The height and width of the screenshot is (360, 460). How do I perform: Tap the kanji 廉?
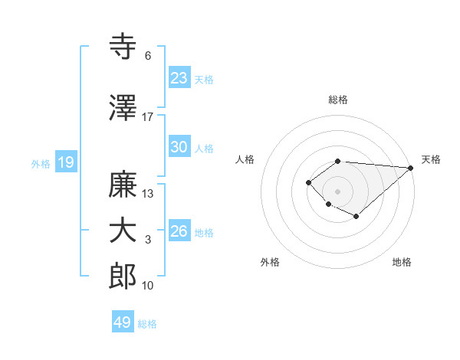coord(123,185)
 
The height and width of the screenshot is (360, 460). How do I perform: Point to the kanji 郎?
coord(123,277)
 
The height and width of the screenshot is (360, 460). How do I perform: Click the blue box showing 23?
coord(179,77)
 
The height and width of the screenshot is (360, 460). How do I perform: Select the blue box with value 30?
coord(179,147)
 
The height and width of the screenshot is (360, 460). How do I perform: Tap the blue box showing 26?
coord(179,231)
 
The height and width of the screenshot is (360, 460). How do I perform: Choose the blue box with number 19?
coord(65,162)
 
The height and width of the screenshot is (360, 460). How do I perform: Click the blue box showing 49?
coord(123,322)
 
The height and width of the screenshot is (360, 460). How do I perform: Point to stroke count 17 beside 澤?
coord(148,117)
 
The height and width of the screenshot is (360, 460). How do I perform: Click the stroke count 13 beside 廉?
coord(148,194)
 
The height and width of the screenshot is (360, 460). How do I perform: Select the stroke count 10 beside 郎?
coord(148,286)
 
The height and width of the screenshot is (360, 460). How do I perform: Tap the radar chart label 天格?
coord(431,159)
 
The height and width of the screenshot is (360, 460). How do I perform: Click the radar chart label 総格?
coord(338,100)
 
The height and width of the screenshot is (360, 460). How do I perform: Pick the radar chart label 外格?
coord(270,262)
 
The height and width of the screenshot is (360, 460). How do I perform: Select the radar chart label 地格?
coord(402,262)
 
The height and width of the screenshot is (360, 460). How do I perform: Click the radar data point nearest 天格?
coord(411,168)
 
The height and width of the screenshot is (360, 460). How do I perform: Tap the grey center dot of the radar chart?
coord(337,191)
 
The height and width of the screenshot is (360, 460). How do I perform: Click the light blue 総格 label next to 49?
coord(147,324)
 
